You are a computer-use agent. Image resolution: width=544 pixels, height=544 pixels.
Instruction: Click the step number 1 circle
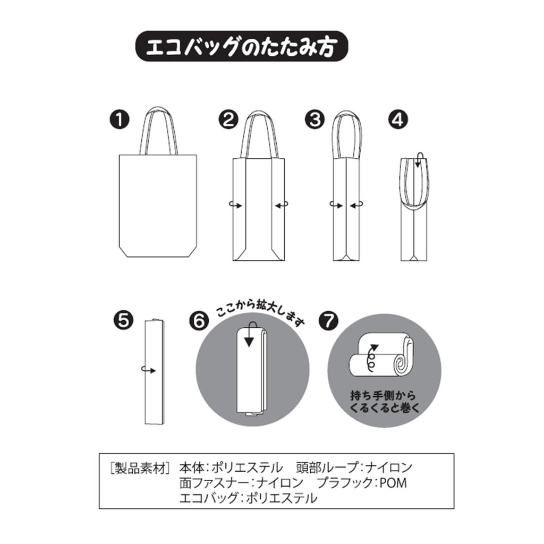(119, 120)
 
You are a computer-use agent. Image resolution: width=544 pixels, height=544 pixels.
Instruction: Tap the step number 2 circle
(228, 120)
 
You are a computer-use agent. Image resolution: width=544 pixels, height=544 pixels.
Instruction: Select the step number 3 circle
(314, 120)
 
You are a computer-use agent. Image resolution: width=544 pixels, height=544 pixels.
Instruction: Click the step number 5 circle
(123, 320)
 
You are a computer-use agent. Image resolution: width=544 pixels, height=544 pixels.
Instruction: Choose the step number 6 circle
(200, 320)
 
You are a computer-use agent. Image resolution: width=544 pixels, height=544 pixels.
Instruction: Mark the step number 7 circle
(328, 320)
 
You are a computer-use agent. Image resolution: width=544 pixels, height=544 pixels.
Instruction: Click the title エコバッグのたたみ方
(242, 47)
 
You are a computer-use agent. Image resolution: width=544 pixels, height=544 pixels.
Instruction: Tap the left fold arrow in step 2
(236, 206)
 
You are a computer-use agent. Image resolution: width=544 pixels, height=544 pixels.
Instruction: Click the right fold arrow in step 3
(356, 206)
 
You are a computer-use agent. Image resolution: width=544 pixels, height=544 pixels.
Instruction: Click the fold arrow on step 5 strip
(149, 370)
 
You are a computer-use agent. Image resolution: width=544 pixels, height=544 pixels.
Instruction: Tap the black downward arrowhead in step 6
(249, 342)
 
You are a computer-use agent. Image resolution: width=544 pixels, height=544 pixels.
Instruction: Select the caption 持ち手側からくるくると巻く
(384, 402)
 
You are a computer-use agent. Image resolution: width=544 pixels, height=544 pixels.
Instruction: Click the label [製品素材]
(140, 467)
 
